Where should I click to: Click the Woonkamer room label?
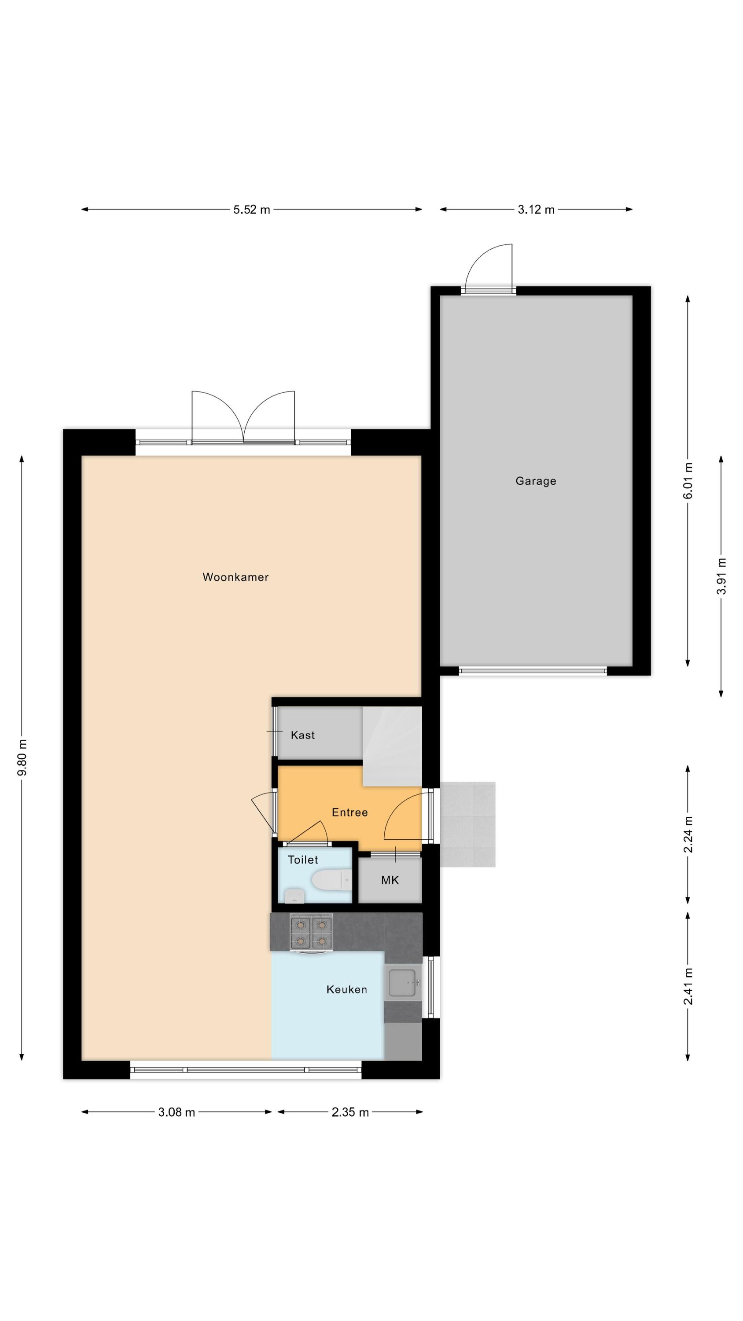pyautogui.click(x=235, y=577)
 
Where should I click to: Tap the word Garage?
pyautogui.click(x=536, y=481)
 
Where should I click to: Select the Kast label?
pyautogui.click(x=302, y=735)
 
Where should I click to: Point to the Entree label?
pyautogui.click(x=349, y=812)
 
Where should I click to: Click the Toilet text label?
pyautogui.click(x=302, y=860)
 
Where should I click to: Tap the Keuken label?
pyautogui.click(x=347, y=989)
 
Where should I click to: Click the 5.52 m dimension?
pyautogui.click(x=252, y=210)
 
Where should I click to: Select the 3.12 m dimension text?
pyautogui.click(x=536, y=210)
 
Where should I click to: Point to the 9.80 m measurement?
pyautogui.click(x=22, y=757)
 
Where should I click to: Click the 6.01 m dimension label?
pyautogui.click(x=688, y=480)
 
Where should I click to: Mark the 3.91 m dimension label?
pyautogui.click(x=721, y=576)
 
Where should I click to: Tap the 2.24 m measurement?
pyautogui.click(x=688, y=834)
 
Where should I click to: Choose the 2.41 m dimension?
pyautogui.click(x=688, y=986)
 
